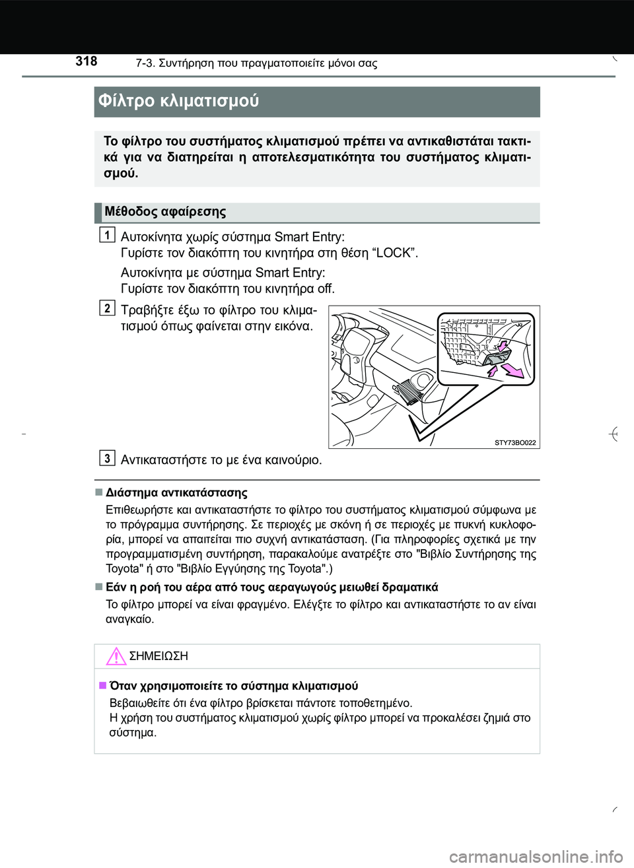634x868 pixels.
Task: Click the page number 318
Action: (x=86, y=61)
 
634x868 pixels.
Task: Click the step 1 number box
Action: (x=107, y=234)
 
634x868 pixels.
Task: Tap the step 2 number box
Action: (x=107, y=308)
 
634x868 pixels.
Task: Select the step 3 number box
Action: (x=107, y=457)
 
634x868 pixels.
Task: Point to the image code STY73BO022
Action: (x=515, y=442)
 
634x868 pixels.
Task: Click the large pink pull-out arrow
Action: (x=512, y=370)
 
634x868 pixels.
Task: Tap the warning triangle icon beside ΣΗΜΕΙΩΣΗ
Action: (x=116, y=656)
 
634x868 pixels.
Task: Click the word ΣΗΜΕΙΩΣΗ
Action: (x=158, y=656)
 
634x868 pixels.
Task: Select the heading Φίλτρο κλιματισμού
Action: (x=178, y=101)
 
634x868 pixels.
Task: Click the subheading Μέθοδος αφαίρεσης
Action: (x=165, y=212)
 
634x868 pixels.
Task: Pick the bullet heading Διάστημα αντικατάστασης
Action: (x=176, y=492)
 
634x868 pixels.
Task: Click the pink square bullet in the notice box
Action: (x=102, y=685)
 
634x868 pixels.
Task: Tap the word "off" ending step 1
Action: (x=326, y=288)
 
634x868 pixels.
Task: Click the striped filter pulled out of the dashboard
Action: (x=409, y=393)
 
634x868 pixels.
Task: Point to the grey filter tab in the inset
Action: (x=493, y=357)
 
